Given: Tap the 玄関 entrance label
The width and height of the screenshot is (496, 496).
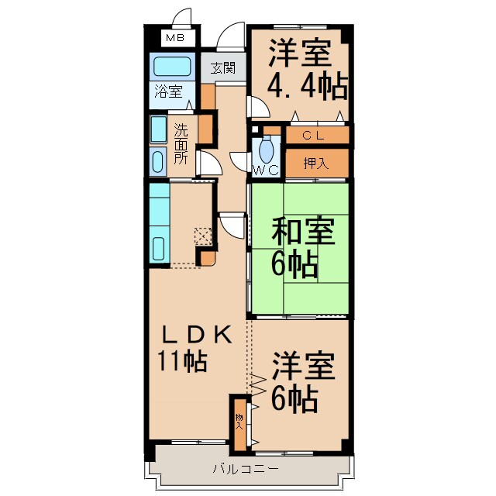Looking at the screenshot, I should pos(223,68).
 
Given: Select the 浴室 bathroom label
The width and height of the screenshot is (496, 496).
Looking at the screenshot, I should pos(167,91).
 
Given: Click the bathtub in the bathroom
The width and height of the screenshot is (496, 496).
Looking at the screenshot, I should pos(171,66).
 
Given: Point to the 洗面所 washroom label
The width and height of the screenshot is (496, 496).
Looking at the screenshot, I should pos(180,144).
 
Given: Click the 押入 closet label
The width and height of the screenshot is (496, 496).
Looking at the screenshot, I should pos(313,163).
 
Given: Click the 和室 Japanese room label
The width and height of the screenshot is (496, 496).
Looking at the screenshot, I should pos(302,231).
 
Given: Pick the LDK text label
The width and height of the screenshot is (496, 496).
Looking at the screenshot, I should pos(195,335).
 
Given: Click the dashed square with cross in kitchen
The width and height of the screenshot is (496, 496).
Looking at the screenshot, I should pos(203,236).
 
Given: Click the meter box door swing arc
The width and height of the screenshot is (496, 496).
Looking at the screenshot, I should pos(182,17).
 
